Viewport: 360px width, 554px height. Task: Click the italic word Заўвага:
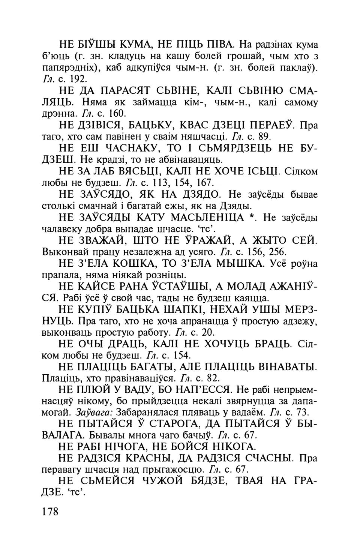click(94, 413)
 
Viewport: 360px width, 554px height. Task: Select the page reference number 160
click(121, 113)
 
